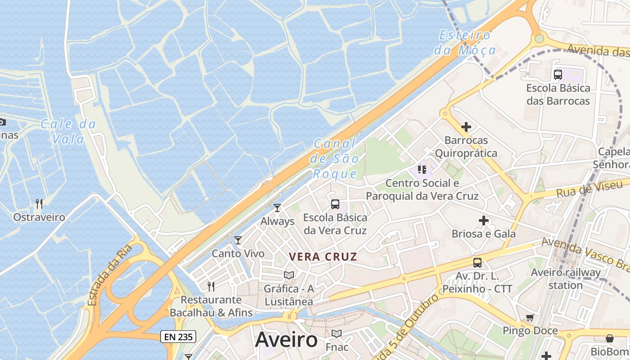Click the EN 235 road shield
178,337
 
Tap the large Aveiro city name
286,340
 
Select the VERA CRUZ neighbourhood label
323,257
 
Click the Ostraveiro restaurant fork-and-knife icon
39,204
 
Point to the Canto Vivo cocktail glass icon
238,240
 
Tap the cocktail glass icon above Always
277,208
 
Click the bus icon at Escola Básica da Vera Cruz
335,204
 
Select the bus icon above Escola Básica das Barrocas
558,75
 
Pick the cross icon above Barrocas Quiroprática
466,127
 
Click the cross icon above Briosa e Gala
484,220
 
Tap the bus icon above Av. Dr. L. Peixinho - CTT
477,263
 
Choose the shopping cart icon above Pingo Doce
530,318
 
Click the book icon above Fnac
336,333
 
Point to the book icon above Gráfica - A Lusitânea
289,275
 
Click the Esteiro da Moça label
465,43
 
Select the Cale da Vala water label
68,131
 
